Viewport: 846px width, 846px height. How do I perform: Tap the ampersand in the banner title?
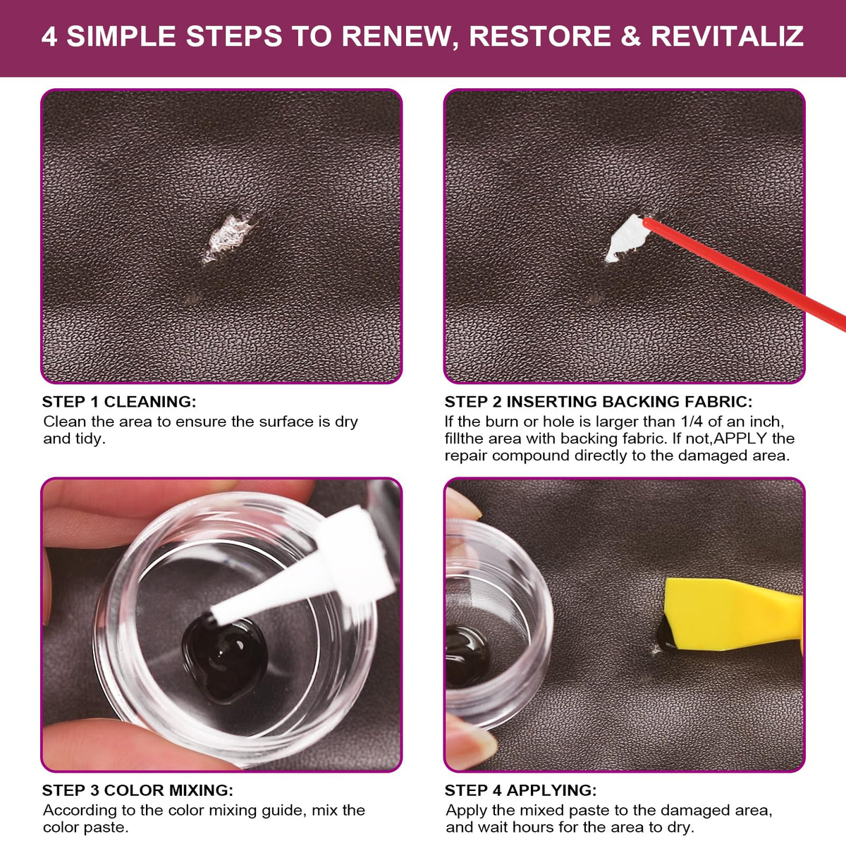pos(631,36)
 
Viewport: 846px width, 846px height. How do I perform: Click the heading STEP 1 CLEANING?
pos(119,402)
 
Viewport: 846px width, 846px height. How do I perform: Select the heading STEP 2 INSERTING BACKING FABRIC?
pos(599,402)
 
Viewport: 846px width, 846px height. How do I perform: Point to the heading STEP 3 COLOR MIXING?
pos(137,790)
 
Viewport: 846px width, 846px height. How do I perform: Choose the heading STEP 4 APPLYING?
pos(521,790)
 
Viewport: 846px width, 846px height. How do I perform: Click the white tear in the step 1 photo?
pos(228,238)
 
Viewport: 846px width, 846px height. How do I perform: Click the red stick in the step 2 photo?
pos(744,273)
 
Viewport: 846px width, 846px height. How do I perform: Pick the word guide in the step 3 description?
pos(283,811)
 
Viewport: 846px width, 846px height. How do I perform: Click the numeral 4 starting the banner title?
pos(49,37)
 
